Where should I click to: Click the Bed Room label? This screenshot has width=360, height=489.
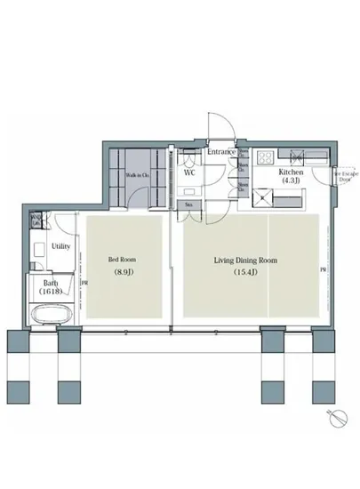[x=120, y=260]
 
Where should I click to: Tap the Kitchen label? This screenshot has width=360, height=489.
[x=292, y=171]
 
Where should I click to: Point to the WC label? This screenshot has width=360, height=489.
[x=189, y=172]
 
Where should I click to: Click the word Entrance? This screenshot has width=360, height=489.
[x=220, y=152]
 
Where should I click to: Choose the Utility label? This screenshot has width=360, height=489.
[x=61, y=245]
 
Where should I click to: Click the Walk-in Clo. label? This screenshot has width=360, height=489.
[x=136, y=175]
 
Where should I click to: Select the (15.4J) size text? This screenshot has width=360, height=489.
[x=244, y=272]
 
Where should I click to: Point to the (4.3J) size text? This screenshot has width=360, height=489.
[x=292, y=180]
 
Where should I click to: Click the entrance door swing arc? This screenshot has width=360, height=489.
[x=220, y=126]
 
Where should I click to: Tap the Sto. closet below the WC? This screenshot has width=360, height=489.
[x=189, y=205]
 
